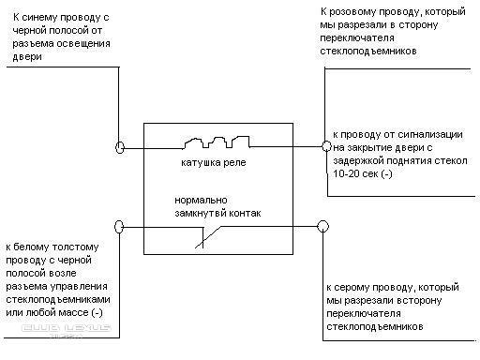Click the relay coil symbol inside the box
(217, 142)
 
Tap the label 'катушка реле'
(214, 163)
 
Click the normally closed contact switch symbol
(208, 237)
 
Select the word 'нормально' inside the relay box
(201, 201)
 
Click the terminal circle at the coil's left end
(120, 147)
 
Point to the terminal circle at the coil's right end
(326, 146)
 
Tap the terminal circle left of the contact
(119, 227)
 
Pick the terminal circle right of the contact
(322, 226)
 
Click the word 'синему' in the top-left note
(39, 18)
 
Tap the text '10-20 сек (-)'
(363, 173)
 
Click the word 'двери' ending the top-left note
(27, 57)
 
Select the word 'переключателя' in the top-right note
(357, 38)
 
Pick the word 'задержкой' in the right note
(358, 161)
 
